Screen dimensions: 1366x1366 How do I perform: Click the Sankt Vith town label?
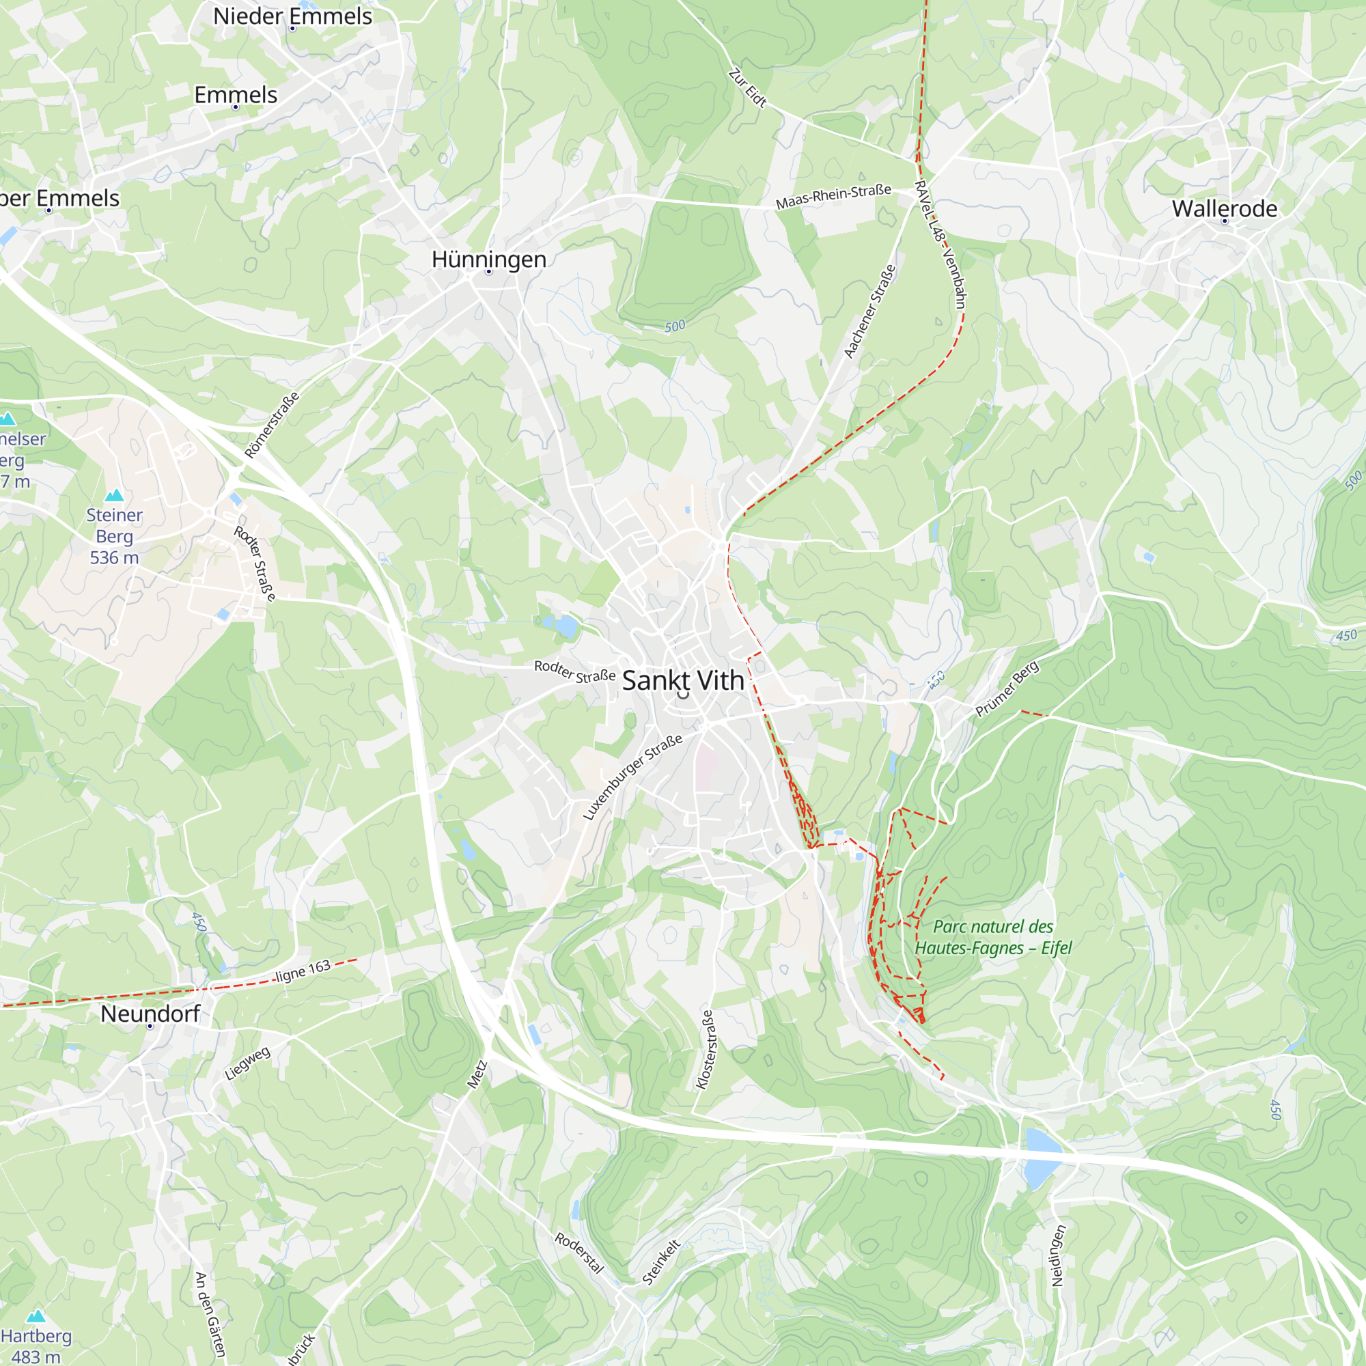683,680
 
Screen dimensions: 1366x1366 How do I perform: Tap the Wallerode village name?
1225,208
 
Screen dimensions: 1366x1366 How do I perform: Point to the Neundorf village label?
150,1013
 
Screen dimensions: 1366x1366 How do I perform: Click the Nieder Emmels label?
292,16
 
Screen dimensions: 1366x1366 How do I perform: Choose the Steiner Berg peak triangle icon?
114,495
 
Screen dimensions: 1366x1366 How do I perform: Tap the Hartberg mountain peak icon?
36,1316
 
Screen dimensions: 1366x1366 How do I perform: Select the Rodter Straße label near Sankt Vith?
574,671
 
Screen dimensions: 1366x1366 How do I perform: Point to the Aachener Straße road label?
869,311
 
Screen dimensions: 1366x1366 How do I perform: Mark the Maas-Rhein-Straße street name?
833,197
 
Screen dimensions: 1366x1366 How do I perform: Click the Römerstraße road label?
272,424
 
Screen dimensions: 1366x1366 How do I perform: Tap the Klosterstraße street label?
705,1048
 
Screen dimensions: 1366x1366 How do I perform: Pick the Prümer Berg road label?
1007,688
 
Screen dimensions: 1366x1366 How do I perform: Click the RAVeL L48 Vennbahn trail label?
940,244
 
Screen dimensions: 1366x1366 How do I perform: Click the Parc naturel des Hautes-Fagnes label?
992,937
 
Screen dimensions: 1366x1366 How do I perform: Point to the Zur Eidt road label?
747,87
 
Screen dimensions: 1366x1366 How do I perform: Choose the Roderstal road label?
579,1253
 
